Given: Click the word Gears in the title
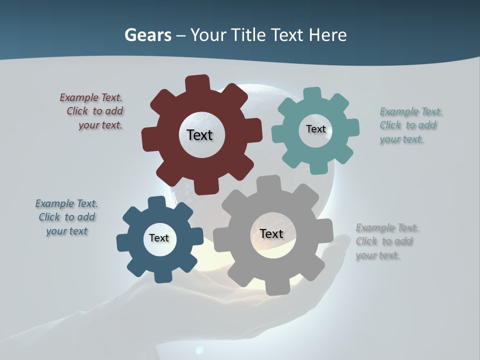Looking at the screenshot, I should pos(147,35).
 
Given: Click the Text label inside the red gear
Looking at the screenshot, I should pos(199,135).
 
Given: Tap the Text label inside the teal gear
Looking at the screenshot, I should pos(315,129).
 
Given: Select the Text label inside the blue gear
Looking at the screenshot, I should pos(159,238).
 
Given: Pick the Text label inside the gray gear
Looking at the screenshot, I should pos(271,233).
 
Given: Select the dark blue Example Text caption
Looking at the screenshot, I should pos(66,217).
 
